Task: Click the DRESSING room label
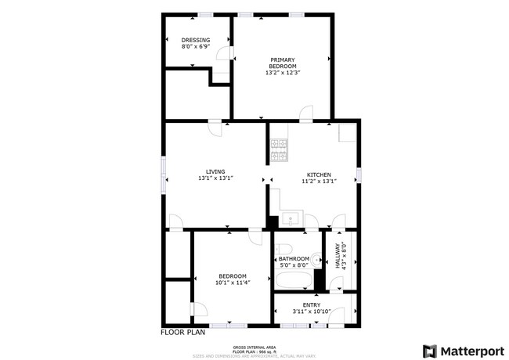click(x=195, y=40)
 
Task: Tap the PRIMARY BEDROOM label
click(x=283, y=63)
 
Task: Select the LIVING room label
click(x=215, y=171)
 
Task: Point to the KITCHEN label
click(x=319, y=175)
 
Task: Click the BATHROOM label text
click(x=294, y=259)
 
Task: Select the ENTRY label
click(x=311, y=304)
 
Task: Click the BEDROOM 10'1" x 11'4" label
click(x=233, y=275)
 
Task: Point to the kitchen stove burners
click(x=279, y=151)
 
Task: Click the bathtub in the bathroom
click(x=294, y=279)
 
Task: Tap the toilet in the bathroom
click(x=315, y=259)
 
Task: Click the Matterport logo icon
click(x=430, y=351)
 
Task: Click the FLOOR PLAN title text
click(x=183, y=332)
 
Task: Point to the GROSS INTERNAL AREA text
click(x=254, y=347)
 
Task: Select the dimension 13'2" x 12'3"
click(x=283, y=73)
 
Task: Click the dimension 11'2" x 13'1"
click(x=319, y=182)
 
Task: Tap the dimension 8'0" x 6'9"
click(x=195, y=47)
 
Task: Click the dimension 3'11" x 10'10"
click(x=311, y=311)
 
